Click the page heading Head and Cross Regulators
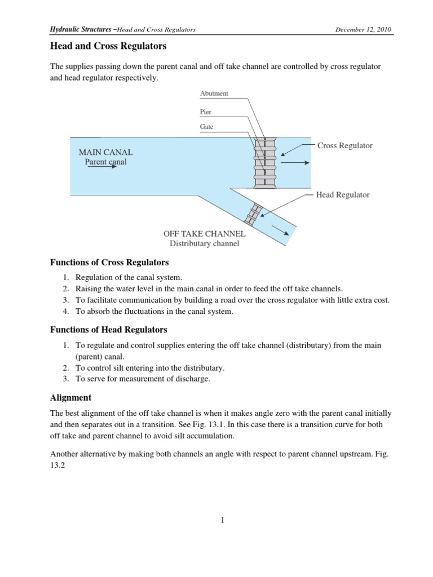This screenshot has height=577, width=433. (x=109, y=46)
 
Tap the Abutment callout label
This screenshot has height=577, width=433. (x=214, y=94)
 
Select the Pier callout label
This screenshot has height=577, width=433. (x=206, y=112)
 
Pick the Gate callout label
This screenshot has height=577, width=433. (x=207, y=127)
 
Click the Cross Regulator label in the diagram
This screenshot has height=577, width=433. (x=344, y=145)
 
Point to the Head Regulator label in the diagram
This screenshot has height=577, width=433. (x=343, y=194)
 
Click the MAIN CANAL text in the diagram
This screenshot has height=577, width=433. (x=105, y=153)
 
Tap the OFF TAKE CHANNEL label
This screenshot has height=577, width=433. (x=204, y=233)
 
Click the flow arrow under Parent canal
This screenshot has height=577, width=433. (x=112, y=167)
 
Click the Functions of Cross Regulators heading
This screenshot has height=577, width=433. (x=109, y=263)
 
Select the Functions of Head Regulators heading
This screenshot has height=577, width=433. (x=108, y=329)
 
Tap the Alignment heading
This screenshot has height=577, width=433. (x=70, y=397)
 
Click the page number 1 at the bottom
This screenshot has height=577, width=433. (x=223, y=520)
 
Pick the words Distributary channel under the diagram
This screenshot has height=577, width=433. (x=204, y=243)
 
